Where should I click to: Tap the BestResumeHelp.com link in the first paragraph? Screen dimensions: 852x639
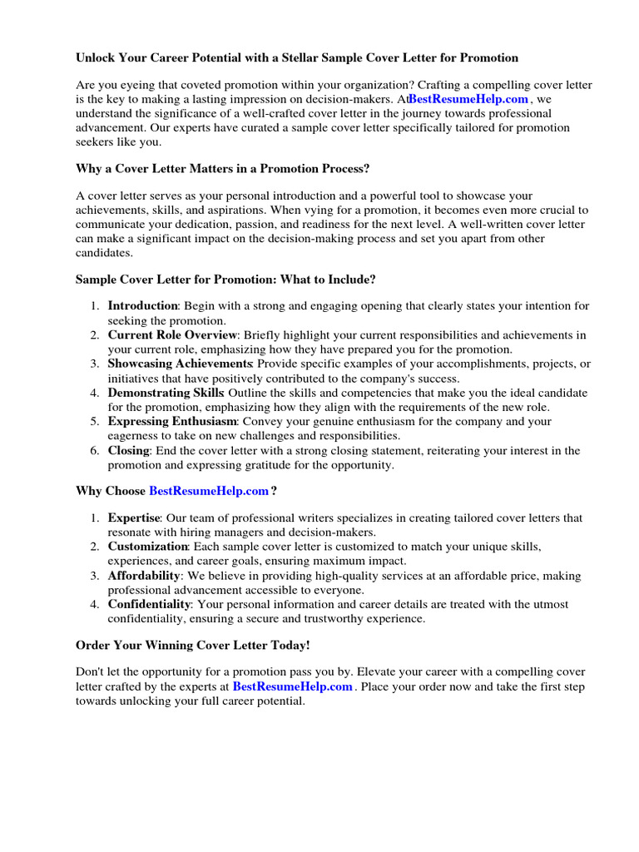(x=468, y=99)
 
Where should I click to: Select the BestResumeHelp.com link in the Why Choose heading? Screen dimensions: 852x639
(x=209, y=491)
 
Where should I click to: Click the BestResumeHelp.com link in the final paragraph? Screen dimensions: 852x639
(x=293, y=686)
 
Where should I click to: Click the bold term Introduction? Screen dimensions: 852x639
(x=142, y=305)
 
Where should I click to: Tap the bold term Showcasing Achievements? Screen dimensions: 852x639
(x=180, y=364)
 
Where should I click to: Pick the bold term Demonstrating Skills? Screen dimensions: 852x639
(x=165, y=392)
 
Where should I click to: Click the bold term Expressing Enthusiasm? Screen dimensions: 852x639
(x=172, y=421)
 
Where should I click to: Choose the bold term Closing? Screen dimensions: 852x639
(x=128, y=450)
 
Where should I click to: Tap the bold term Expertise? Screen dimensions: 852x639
(x=133, y=518)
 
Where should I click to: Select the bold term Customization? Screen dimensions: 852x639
(x=147, y=546)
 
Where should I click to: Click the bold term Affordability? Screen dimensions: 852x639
(x=143, y=575)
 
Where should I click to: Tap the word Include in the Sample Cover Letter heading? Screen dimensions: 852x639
(x=353, y=279)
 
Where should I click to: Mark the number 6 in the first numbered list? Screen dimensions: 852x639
(x=95, y=450)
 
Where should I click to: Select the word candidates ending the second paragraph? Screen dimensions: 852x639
(x=103, y=252)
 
